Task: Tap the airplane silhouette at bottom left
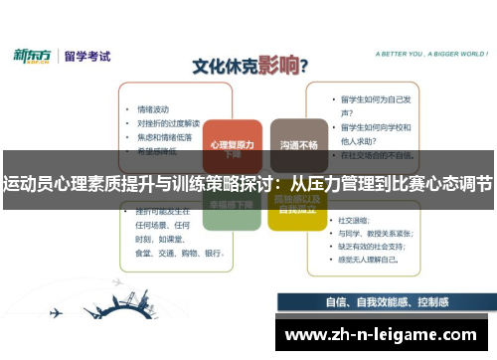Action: pos(54,310)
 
